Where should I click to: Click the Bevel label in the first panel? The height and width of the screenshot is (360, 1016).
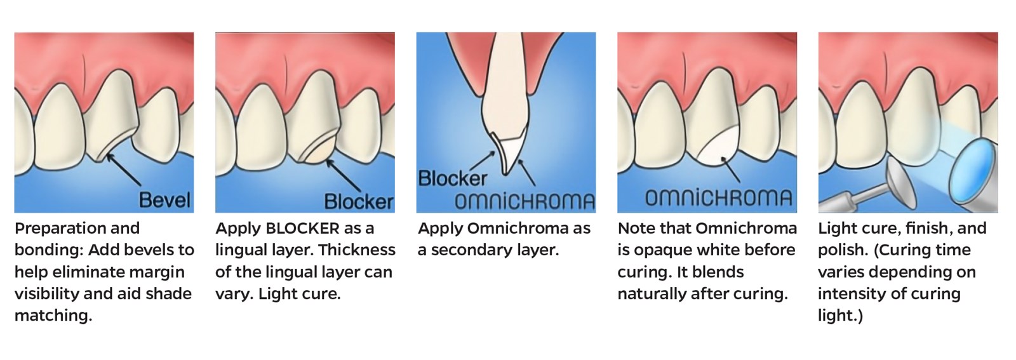pos(164,200)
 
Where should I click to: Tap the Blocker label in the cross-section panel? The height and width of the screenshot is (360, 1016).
pos(452,178)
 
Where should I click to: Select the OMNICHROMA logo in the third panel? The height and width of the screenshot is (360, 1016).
pos(525,202)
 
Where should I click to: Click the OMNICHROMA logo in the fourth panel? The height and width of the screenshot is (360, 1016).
pos(718,198)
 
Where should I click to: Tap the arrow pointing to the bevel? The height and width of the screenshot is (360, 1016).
pos(123,170)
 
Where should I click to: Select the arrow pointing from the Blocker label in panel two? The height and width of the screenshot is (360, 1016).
pos(343,175)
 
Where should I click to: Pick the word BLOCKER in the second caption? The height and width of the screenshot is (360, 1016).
pos(302,228)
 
